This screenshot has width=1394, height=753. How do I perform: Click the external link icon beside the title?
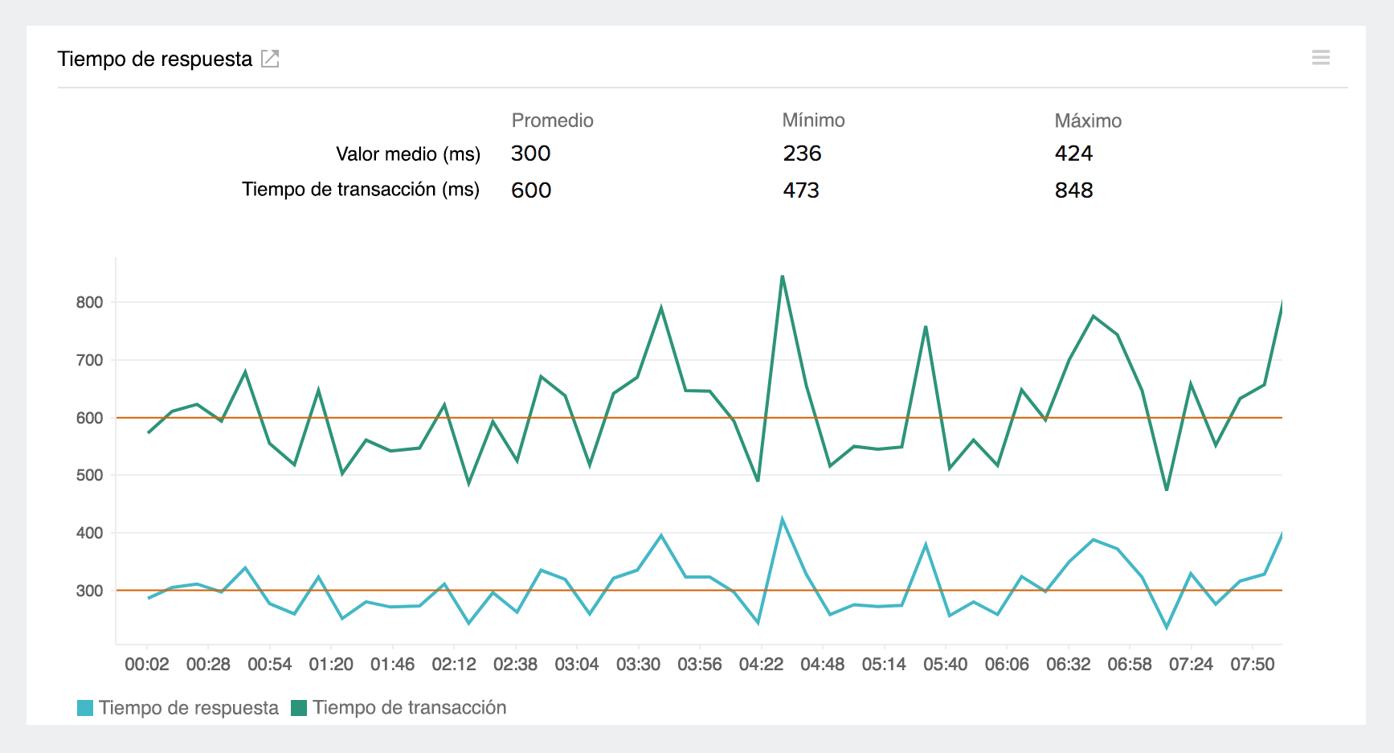click(x=270, y=59)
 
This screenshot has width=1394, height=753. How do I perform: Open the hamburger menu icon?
click(x=1321, y=58)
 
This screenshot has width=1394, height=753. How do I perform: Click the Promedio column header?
click(x=552, y=121)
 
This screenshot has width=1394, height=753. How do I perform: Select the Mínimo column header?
click(x=813, y=121)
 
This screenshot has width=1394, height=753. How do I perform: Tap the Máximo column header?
click(x=1087, y=121)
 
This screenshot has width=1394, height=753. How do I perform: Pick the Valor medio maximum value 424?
click(x=1073, y=153)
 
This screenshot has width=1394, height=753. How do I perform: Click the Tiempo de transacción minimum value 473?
click(x=801, y=190)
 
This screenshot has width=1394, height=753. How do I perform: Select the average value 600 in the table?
click(x=531, y=190)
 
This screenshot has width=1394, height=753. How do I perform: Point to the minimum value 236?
click(x=802, y=153)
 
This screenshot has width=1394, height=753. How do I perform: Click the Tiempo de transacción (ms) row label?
click(x=361, y=190)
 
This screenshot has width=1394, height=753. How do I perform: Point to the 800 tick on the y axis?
click(x=89, y=303)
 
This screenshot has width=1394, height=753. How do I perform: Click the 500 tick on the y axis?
click(x=89, y=475)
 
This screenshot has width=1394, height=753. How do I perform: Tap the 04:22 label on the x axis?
click(x=761, y=665)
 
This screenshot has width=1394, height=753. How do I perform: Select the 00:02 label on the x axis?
click(x=147, y=665)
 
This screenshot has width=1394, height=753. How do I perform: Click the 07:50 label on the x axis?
click(x=1252, y=665)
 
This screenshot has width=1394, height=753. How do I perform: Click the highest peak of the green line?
click(x=782, y=276)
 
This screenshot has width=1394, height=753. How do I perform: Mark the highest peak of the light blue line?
click(x=782, y=520)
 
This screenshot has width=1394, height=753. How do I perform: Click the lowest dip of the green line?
click(x=1167, y=489)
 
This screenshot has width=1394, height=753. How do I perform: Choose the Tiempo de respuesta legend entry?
click(x=178, y=708)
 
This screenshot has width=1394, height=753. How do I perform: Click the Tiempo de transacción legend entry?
click(x=399, y=708)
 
